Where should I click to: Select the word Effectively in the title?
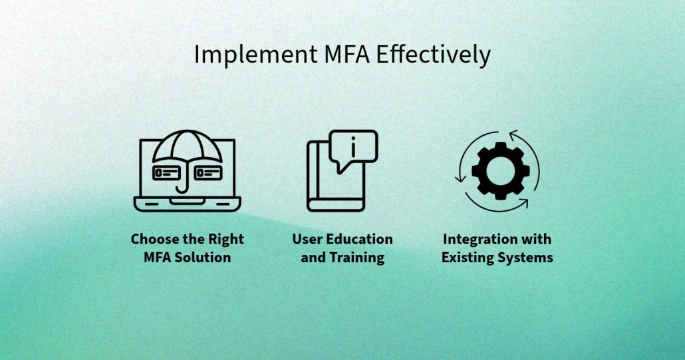[x=434, y=55]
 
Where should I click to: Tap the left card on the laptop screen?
[x=167, y=173]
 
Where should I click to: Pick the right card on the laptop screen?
[x=207, y=173]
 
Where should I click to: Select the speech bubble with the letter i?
[x=353, y=148]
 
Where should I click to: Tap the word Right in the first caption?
[x=227, y=239]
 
